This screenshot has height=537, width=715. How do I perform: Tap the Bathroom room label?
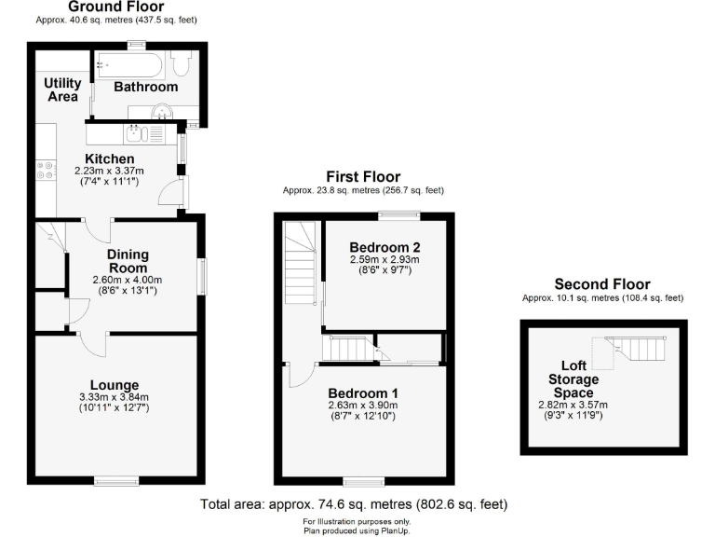(145, 87)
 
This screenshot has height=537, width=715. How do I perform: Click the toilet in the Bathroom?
(182, 63)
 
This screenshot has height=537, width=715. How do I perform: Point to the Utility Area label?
(62, 89)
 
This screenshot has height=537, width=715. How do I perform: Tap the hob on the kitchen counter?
(44, 171)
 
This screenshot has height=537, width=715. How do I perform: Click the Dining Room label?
(128, 261)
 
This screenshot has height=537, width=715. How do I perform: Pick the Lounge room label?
(115, 385)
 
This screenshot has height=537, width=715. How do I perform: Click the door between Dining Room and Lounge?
(93, 344)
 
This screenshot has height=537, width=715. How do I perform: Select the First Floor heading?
(363, 176)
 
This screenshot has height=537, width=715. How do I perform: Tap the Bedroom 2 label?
(385, 247)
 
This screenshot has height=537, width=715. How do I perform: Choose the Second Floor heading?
(602, 284)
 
